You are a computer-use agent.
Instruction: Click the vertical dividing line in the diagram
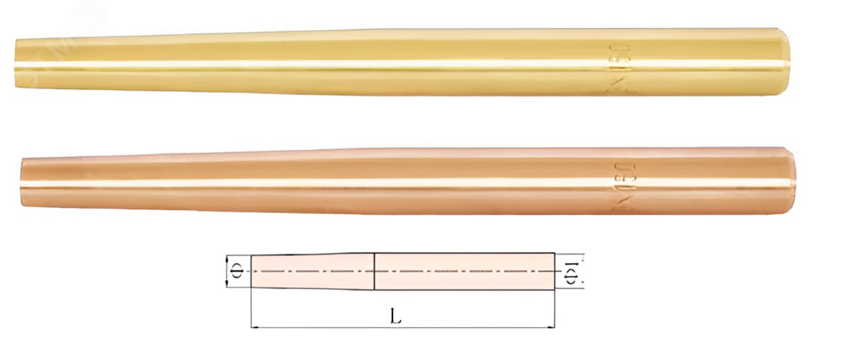[x=375, y=272]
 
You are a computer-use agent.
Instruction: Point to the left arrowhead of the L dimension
[x=255, y=327]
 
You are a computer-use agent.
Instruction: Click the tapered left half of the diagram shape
[x=312, y=272]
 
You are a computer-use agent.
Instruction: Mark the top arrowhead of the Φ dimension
[x=225, y=259]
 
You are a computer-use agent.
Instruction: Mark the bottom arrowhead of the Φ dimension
[x=225, y=285]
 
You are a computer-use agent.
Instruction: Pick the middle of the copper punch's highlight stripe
[x=407, y=187]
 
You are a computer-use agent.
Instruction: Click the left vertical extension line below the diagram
[x=252, y=309]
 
